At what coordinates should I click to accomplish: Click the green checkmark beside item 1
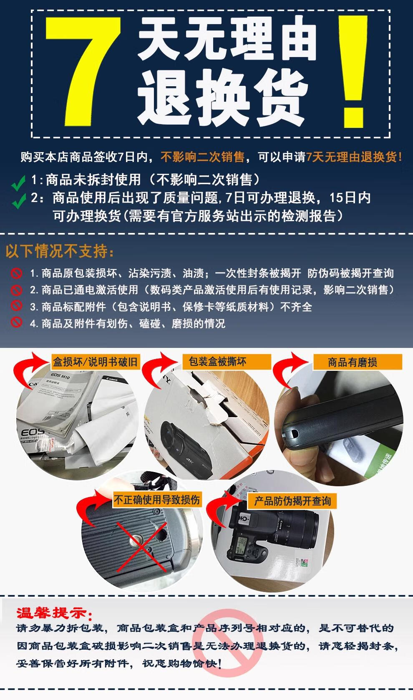point(18,182)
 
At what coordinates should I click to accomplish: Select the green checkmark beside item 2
point(19,201)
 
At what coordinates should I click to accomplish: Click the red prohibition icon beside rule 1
point(16,273)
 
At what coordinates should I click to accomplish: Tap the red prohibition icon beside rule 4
point(16,322)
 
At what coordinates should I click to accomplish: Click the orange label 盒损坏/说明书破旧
point(96,362)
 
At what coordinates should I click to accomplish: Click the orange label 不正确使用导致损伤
point(156,500)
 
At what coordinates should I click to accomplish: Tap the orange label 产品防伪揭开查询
point(292,501)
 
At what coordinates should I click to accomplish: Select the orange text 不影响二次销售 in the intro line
point(202,157)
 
